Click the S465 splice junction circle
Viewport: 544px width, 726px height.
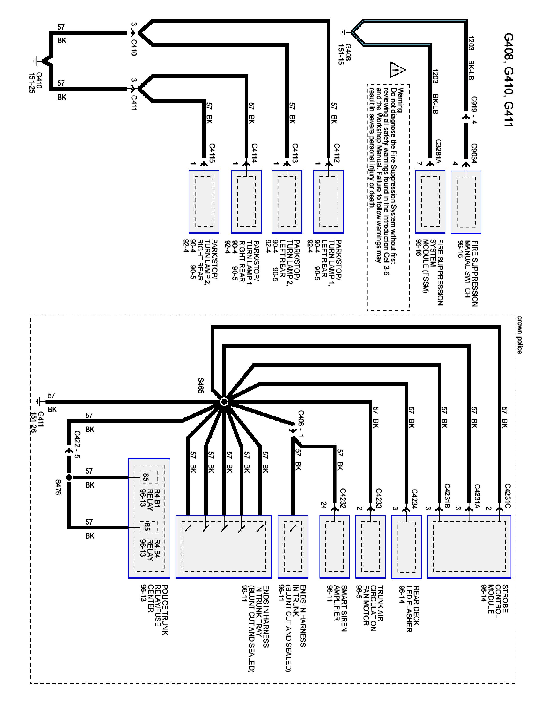coord(224,401)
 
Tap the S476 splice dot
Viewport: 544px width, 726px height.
coord(69,477)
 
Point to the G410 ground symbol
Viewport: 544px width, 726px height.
coord(37,61)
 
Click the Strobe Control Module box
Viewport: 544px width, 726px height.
coord(469,546)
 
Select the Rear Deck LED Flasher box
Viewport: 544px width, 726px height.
coord(406,547)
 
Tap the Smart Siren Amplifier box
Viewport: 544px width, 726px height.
coord(334,546)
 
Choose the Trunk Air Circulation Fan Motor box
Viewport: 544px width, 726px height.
coord(370,546)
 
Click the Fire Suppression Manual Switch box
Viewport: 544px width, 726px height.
coord(466,202)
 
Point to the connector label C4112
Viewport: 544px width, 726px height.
coord(337,153)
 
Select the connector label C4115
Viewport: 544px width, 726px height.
coord(212,153)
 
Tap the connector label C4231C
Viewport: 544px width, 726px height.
coord(507,496)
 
